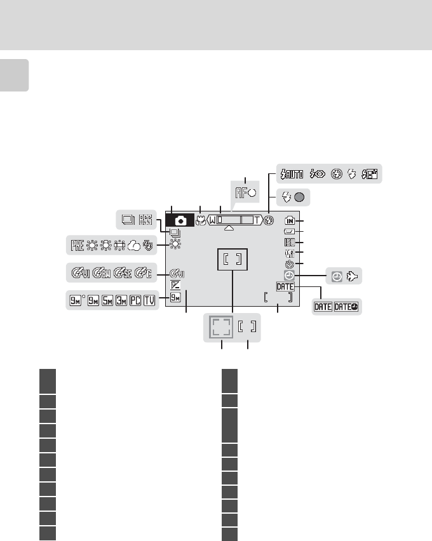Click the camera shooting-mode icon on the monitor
181,220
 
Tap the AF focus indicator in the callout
245,192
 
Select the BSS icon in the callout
146,220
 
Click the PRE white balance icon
77,244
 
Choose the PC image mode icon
135,300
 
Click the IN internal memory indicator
290,220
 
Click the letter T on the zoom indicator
256,220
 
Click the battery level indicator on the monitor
290,232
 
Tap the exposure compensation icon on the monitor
175,285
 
